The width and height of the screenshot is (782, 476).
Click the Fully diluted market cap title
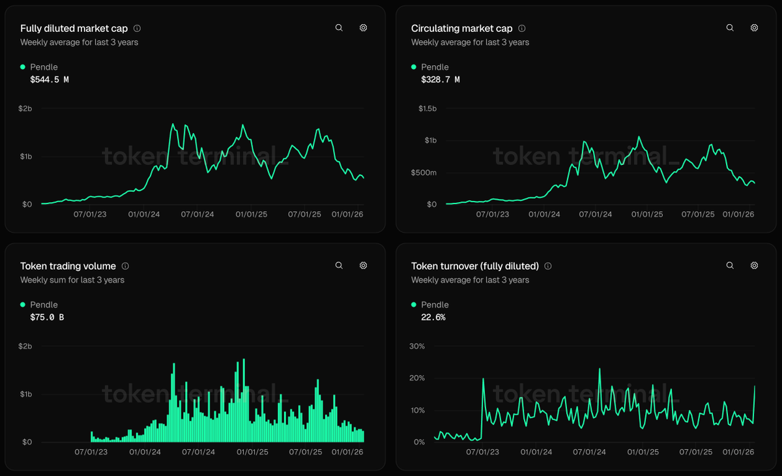(74, 29)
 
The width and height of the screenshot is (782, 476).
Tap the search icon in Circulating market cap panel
(730, 28)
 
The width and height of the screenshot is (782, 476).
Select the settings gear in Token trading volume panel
(364, 265)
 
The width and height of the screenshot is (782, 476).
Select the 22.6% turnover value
(433, 318)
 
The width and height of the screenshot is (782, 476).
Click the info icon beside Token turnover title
(548, 266)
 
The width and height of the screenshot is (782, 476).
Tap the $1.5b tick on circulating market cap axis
(427, 108)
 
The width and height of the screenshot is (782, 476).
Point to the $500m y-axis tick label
(424, 173)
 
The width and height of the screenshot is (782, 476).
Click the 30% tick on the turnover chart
(416, 346)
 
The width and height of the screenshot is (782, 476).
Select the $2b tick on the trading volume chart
(26, 346)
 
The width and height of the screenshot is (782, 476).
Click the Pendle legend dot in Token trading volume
(23, 305)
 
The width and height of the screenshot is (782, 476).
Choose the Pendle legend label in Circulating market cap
(435, 67)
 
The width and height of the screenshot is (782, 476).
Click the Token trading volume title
(68, 266)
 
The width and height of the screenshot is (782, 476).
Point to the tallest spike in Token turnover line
(600, 369)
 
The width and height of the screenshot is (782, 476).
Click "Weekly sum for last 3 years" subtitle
(72, 280)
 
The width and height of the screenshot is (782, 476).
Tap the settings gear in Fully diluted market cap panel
(364, 28)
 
